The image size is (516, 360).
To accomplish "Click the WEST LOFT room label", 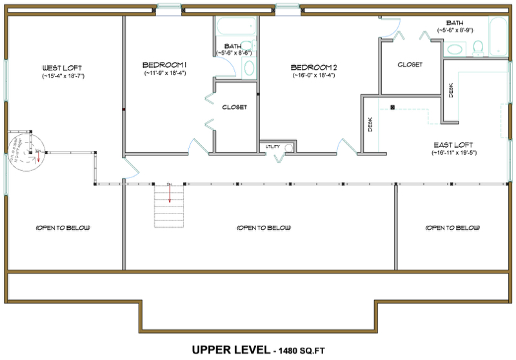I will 63,68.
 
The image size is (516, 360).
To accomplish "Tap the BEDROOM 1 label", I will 164,65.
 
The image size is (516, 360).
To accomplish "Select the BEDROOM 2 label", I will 314,67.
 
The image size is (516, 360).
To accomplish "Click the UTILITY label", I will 273,147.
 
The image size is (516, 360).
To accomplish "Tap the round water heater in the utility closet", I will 288,147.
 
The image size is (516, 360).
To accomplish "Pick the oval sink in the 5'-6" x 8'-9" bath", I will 456,48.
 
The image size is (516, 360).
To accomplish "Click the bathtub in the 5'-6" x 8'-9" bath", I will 499,36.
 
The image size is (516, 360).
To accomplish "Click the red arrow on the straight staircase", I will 170,194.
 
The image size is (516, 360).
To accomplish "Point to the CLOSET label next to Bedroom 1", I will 234,107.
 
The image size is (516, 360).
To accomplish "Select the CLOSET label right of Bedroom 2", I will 410,65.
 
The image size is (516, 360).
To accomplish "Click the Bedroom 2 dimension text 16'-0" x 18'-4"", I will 313,75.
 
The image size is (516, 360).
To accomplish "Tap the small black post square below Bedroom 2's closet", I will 392,107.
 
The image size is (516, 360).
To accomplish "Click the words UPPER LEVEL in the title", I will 230,350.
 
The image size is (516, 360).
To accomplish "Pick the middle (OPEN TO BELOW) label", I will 264,228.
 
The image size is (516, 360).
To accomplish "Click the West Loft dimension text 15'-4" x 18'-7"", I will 62,76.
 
